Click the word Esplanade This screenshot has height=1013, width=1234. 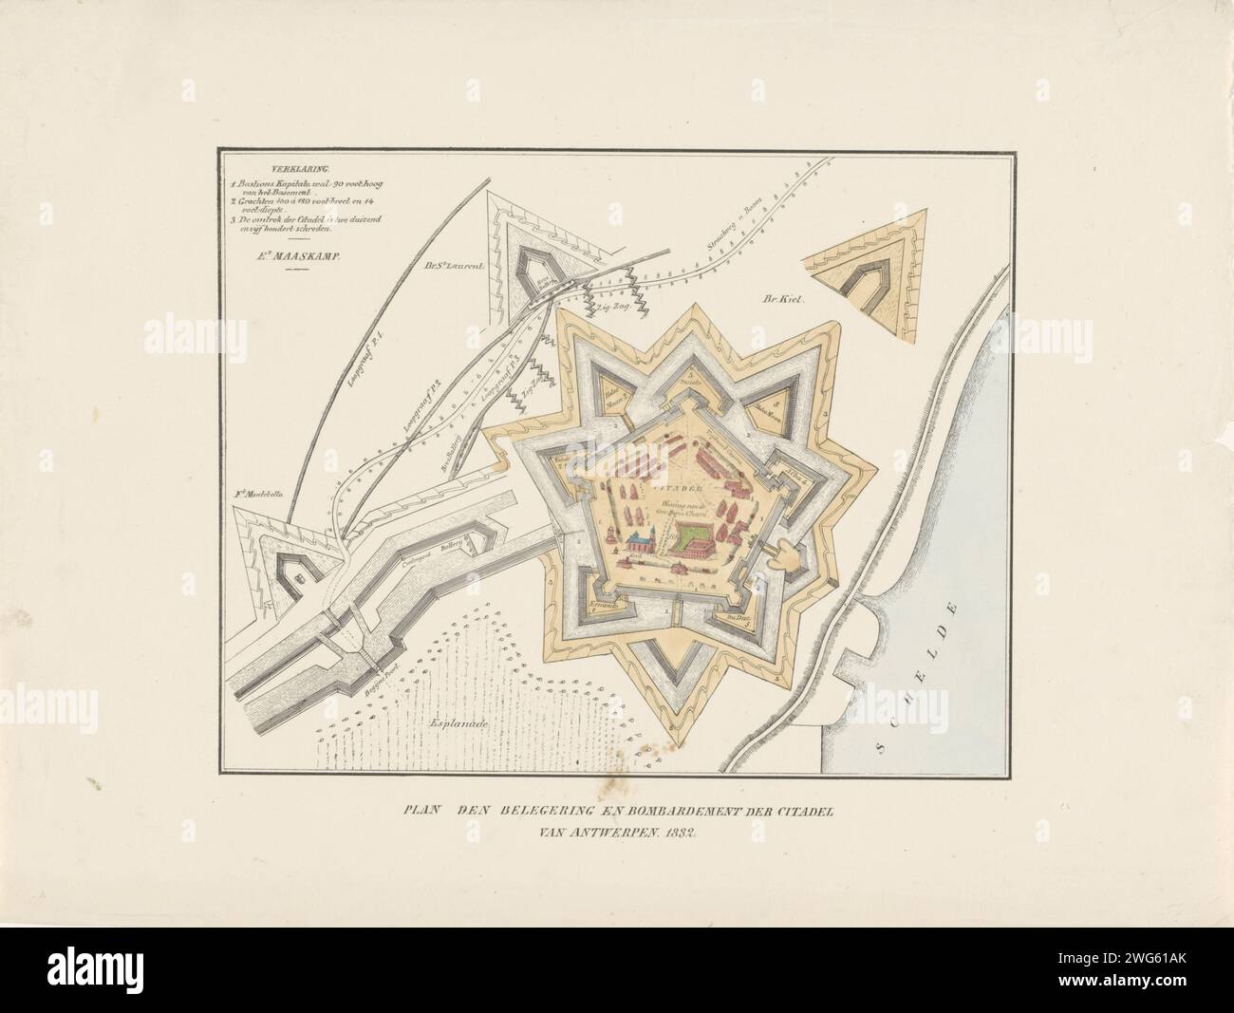[x=458, y=724]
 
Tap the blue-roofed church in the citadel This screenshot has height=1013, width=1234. [x=641, y=544]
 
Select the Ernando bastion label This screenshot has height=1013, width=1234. [x=604, y=604]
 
